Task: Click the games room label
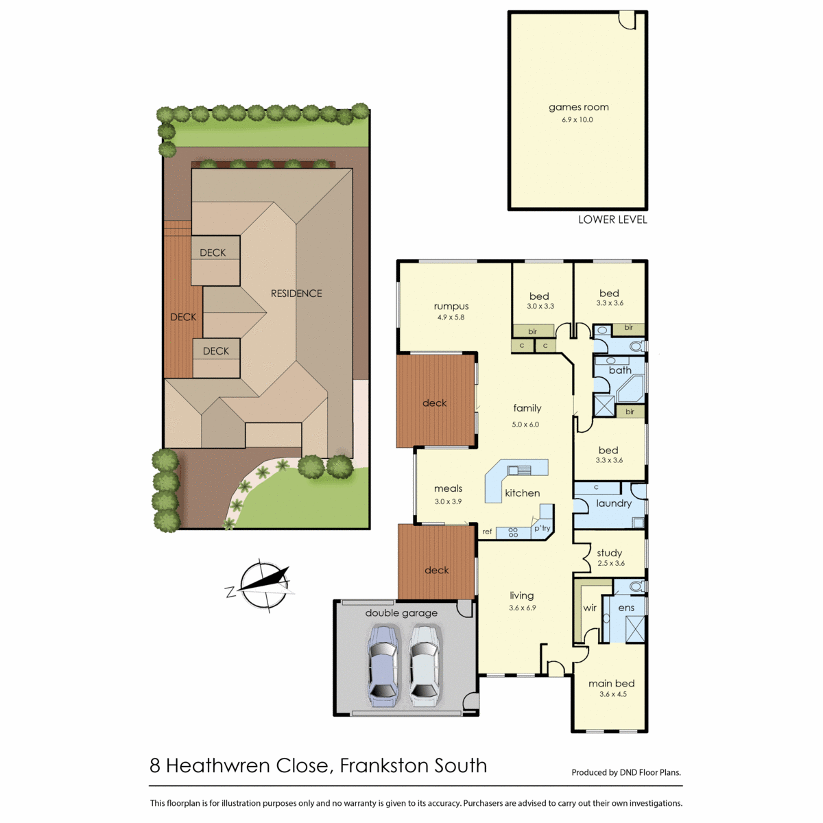click(x=578, y=107)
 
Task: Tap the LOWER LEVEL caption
click(x=612, y=219)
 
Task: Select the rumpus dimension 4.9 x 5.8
click(x=451, y=318)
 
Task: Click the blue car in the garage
click(x=383, y=671)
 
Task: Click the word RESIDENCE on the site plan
click(x=296, y=294)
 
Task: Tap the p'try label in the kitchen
click(x=542, y=528)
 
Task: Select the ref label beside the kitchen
click(x=487, y=532)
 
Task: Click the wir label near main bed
click(x=589, y=608)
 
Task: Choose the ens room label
click(x=626, y=608)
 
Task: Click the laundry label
click(x=613, y=503)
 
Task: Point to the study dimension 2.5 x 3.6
click(x=611, y=563)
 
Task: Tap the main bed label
click(x=611, y=683)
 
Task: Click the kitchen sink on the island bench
click(x=519, y=470)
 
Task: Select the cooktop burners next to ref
click(x=513, y=532)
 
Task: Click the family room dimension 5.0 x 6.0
click(x=525, y=425)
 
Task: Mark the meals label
click(x=448, y=488)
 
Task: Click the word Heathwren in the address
click(x=219, y=766)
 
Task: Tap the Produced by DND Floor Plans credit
click(x=626, y=772)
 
